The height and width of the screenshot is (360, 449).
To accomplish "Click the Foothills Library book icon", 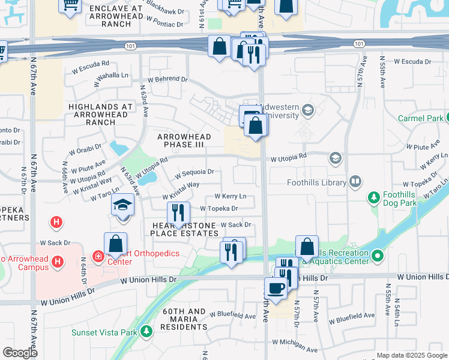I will click(355, 181).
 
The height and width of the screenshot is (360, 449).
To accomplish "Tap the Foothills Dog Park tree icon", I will click(375, 197).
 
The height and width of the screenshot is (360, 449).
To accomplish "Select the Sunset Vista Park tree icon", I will click(146, 332).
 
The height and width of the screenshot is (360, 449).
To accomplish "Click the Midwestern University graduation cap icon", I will click(309, 110).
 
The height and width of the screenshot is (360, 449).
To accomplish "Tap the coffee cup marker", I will click(276, 287).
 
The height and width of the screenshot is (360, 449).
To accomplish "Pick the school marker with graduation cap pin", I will click(122, 206).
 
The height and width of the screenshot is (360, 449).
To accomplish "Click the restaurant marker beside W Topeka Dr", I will click(178, 212).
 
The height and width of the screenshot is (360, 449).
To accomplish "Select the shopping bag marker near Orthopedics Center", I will click(115, 244).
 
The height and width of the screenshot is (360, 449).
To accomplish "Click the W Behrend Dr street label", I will click(168, 79).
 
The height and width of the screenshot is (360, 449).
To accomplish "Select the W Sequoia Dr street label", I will click(194, 173).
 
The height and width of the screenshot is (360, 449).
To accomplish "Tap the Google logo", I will click(20, 352).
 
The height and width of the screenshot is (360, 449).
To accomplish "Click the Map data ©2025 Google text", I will click(412, 355).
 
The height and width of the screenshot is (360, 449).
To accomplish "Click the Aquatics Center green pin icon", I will click(377, 257).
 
